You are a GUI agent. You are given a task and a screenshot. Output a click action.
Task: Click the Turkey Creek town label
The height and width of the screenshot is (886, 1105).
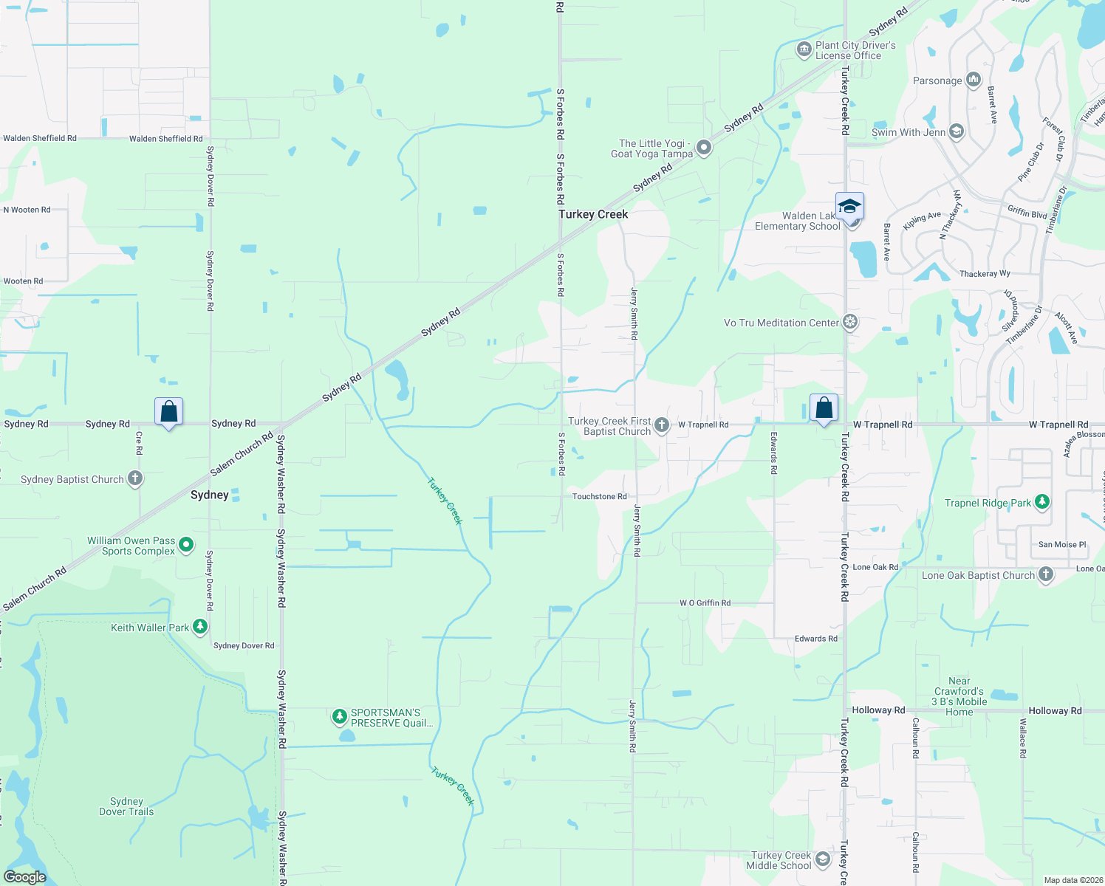point(593,214)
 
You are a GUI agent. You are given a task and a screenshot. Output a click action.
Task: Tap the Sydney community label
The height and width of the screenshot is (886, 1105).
point(210,495)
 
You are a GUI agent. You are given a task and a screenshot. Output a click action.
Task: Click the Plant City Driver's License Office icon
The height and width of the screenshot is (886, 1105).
point(804,50)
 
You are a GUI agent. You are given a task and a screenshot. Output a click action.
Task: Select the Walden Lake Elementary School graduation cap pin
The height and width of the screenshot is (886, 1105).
point(849,206)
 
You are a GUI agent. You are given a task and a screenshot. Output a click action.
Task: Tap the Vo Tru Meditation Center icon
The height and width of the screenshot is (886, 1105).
point(851,323)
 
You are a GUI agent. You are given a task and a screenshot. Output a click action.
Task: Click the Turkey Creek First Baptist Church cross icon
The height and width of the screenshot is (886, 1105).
point(662,425)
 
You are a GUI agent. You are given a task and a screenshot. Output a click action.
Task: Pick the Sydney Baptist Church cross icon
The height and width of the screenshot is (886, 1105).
point(135,478)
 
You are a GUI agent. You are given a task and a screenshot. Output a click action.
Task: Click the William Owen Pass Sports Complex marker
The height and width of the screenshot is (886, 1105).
point(186,545)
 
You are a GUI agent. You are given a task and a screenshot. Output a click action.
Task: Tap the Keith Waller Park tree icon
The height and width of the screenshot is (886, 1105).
point(200,627)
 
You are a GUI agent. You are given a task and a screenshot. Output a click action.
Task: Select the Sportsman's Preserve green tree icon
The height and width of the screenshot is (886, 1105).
point(340,716)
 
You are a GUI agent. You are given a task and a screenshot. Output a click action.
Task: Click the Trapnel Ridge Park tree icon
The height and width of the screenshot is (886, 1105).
point(1042,502)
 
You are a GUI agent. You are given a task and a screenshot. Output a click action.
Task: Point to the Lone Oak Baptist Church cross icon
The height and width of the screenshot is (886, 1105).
point(1046,574)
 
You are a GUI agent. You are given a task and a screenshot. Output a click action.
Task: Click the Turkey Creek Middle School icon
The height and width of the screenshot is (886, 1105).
point(823,860)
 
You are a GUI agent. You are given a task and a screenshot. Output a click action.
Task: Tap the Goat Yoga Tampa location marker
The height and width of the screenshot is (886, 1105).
point(705,148)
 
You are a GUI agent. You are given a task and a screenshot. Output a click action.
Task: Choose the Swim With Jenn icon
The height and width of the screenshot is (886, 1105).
point(957,132)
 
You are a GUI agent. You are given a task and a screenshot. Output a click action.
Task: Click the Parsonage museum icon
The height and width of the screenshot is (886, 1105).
point(974,80)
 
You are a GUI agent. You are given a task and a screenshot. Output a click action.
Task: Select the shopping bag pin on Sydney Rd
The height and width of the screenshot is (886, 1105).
point(168,411)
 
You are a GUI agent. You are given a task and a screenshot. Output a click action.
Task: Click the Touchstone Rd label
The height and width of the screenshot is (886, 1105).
point(599,497)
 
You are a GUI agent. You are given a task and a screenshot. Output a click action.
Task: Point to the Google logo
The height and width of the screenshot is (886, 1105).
point(25,876)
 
